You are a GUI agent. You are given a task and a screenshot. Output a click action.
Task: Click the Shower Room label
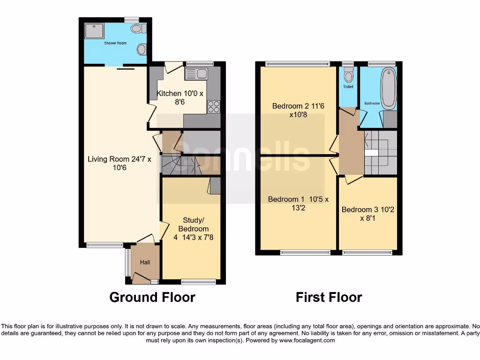point(115,43)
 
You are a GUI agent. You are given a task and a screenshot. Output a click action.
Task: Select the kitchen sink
point(196,74)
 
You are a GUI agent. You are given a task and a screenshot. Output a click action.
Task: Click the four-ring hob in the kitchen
point(213,107)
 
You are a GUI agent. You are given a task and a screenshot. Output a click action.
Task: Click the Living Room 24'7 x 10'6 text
point(120,163)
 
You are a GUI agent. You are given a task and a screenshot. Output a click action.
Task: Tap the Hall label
point(145,262)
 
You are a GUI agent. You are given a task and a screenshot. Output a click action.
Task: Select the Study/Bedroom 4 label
point(191,229)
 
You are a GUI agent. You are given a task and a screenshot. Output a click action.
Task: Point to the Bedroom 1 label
point(298,203)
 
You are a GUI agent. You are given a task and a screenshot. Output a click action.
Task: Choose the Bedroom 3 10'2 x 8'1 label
point(367,214)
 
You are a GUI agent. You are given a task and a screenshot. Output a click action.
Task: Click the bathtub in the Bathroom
point(389,88)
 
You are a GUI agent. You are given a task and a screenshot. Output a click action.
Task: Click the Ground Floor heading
point(152,297)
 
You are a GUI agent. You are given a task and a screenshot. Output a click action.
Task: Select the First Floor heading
point(329,297)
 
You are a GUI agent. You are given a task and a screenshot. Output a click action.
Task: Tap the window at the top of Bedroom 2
point(297,64)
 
